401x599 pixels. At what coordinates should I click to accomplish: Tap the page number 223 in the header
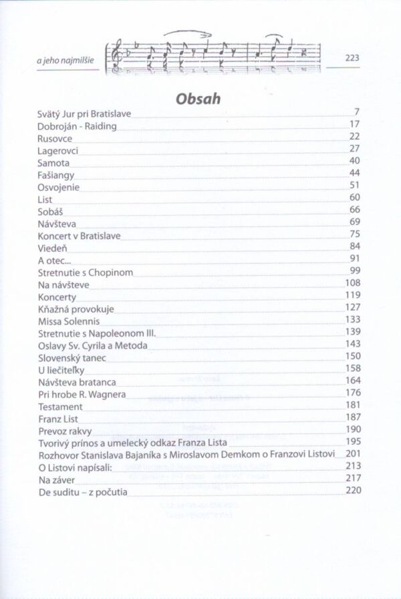pyautogui.click(x=352, y=58)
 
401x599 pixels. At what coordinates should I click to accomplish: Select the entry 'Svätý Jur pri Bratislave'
pyautogui.click(x=84, y=114)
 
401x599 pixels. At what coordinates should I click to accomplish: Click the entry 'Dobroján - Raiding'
pyautogui.click(x=77, y=126)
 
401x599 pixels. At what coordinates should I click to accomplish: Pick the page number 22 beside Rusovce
pyautogui.click(x=355, y=137)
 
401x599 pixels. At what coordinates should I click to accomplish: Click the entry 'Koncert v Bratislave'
pyautogui.click(x=80, y=234)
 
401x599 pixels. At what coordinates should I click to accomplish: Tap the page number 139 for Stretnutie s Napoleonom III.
pyautogui.click(x=353, y=331)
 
